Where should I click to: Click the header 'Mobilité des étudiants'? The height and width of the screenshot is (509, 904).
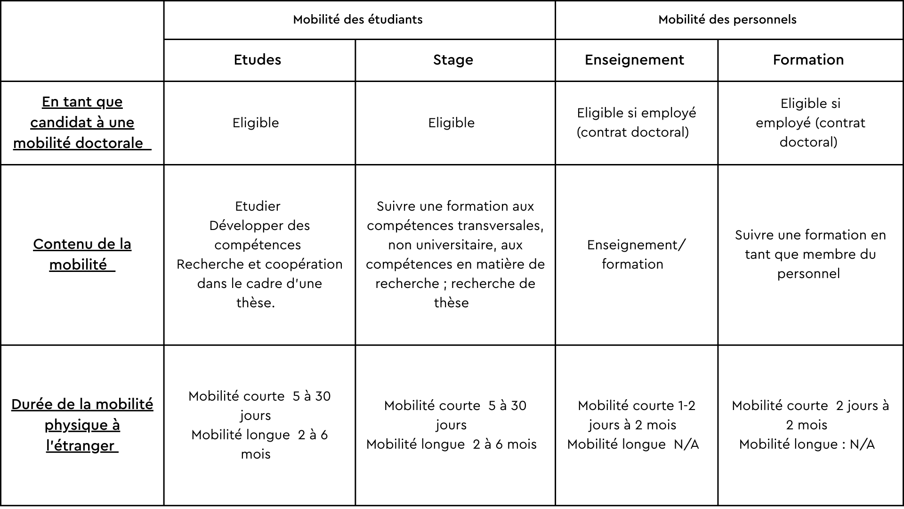(358, 20)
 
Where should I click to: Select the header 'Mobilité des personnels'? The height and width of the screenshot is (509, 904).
(727, 20)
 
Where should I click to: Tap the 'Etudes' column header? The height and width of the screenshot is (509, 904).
(258, 60)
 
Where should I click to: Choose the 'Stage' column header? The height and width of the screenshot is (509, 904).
(453, 60)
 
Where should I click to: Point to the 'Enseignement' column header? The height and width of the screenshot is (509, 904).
(634, 60)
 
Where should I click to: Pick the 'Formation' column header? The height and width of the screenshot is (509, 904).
(808, 60)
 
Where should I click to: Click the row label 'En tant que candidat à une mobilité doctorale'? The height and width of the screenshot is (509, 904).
(82, 123)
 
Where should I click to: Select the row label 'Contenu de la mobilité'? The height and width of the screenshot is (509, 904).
(82, 254)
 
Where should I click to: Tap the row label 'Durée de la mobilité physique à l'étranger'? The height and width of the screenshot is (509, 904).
(82, 425)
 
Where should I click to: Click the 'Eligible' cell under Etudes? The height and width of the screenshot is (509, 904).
(256, 123)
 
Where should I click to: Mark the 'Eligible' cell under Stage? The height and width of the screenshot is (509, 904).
(452, 123)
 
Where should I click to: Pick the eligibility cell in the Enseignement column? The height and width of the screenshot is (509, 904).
(636, 123)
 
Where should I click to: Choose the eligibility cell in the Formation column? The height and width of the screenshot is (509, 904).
(810, 123)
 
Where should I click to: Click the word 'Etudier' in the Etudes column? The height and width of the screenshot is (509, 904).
(258, 206)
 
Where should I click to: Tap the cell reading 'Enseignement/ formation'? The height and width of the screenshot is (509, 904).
(636, 254)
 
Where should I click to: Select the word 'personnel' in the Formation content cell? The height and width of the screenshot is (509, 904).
(808, 274)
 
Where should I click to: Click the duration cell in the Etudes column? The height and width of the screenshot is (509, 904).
(259, 425)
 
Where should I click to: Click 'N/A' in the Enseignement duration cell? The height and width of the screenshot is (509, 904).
(686, 444)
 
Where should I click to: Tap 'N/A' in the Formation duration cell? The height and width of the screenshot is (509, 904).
(862, 444)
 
